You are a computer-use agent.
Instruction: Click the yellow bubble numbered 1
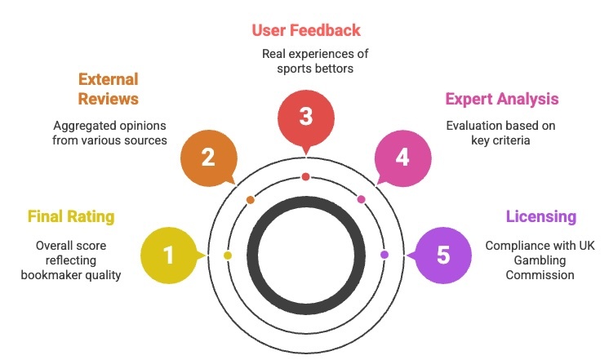[169, 256]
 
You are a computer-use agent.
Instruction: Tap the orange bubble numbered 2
[208, 157]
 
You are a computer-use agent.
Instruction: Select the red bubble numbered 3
[305, 117]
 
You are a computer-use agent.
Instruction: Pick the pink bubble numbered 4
[402, 157]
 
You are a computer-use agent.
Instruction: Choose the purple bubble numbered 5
[442, 256]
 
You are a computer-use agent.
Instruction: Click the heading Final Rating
[71, 216]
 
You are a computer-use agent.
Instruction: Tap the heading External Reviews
[108, 89]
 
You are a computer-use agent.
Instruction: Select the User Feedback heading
[305, 30]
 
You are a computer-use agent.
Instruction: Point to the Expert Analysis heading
[502, 99]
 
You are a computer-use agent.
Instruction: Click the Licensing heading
[540, 216]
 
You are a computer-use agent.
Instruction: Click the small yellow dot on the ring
[228, 256]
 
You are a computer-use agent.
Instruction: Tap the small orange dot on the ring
[251, 199]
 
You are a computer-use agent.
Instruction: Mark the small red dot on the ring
[305, 176]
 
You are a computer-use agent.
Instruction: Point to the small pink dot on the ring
[361, 199]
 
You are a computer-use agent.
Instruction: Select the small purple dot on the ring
[384, 256]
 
